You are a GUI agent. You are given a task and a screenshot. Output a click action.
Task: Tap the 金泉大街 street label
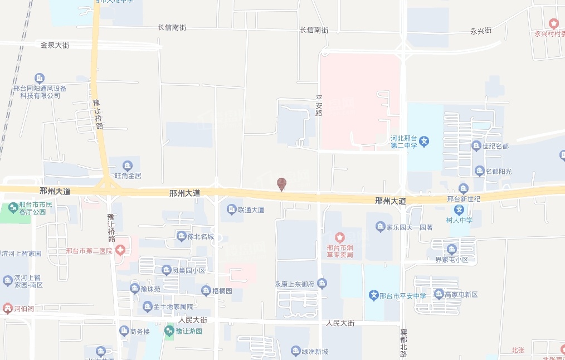[55, 45]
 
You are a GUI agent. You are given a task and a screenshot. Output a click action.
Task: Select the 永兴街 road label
[481, 31]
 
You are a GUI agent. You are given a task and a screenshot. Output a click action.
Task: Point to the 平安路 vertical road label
[319, 105]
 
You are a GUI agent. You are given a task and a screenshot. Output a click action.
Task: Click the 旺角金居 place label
[128, 176]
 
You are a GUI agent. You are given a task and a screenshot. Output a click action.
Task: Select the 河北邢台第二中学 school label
[405, 142]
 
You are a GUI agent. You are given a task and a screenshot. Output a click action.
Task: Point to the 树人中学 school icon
[459, 210]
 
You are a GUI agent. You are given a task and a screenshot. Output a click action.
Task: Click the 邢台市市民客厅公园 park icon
[13, 208]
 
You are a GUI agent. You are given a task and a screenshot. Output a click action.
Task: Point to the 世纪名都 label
[495, 146]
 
